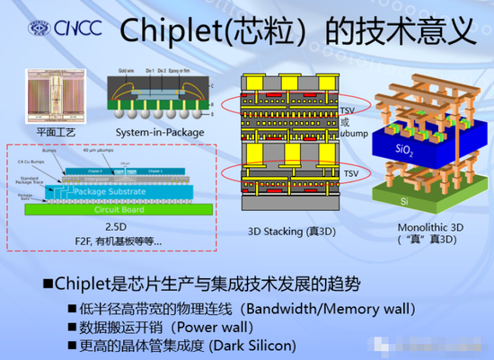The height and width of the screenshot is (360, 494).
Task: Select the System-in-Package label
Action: click(152, 134)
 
